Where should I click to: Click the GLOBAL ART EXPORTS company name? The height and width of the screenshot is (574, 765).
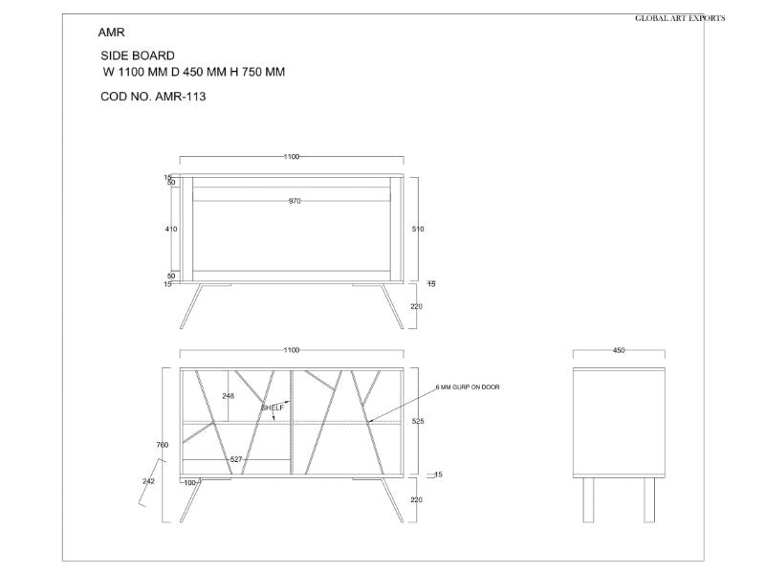680,18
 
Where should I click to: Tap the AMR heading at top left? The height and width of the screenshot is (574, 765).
111,33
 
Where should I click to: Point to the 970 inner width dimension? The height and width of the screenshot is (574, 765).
295,201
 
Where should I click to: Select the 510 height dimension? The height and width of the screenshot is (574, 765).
417,230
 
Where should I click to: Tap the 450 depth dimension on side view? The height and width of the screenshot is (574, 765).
619,351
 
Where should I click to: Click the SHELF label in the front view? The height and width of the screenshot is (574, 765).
273,408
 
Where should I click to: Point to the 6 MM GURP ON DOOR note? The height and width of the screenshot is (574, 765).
468,387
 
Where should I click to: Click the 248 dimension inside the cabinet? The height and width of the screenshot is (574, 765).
228,395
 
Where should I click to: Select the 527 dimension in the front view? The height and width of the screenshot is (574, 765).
235,460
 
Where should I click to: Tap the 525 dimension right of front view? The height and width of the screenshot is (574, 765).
417,421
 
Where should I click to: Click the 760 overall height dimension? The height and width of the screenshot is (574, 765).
162,445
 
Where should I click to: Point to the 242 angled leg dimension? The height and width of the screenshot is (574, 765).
148,481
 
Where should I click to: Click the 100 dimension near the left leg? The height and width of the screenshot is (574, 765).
189,483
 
